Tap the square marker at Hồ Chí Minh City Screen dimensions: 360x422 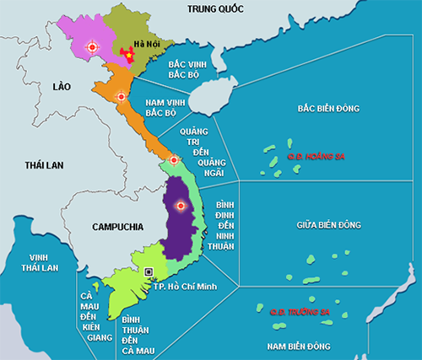[x=149, y=271]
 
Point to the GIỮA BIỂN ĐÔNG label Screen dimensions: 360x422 [x=329, y=225]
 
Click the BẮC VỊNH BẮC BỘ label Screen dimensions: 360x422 [x=188, y=69]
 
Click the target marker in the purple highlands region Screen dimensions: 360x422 [x=179, y=205]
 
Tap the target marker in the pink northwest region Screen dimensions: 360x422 [x=93, y=48]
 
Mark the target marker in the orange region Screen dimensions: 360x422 [x=121, y=98]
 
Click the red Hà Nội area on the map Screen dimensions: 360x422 [x=127, y=55]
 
